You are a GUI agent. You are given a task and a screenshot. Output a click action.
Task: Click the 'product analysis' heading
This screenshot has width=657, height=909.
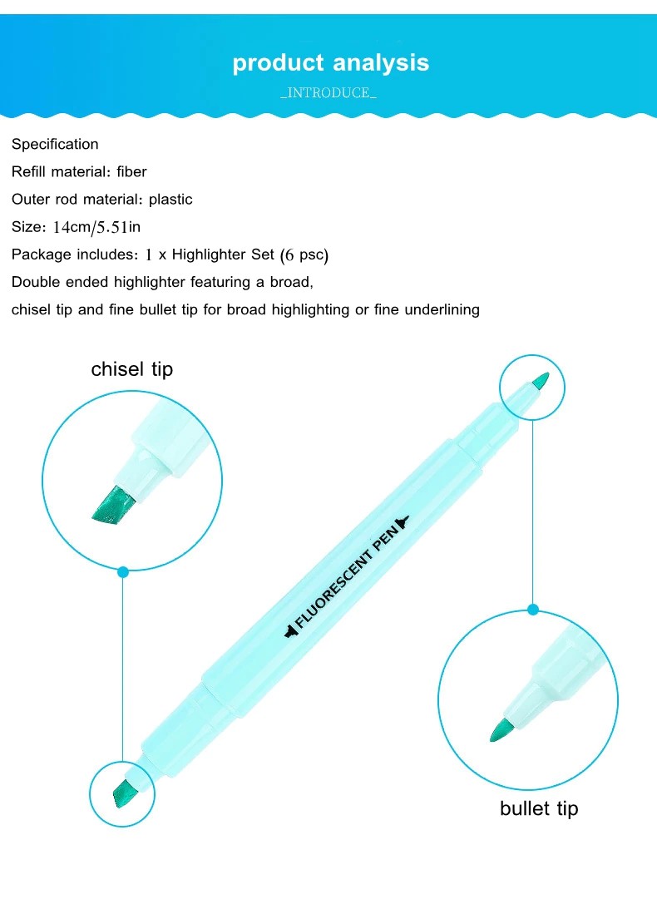click(330, 63)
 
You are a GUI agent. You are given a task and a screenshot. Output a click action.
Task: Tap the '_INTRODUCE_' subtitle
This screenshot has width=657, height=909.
click(328, 93)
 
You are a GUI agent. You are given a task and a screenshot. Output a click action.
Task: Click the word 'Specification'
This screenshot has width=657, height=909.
click(55, 145)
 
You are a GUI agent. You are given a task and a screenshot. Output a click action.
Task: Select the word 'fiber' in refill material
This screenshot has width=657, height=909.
click(131, 171)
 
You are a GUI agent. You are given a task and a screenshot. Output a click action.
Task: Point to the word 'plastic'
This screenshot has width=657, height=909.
click(170, 200)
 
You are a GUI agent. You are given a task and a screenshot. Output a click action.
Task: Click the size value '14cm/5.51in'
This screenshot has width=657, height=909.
click(96, 227)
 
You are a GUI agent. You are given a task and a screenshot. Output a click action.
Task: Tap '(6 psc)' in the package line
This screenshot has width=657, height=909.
click(304, 255)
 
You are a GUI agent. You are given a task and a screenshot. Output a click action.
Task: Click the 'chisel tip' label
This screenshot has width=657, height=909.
click(132, 369)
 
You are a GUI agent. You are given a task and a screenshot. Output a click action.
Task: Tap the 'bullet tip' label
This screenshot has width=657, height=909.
click(539, 808)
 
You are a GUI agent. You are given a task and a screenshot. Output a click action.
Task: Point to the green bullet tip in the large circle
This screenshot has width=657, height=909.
click(501, 730)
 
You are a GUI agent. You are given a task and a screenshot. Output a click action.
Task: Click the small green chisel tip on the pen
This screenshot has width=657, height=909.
click(122, 793)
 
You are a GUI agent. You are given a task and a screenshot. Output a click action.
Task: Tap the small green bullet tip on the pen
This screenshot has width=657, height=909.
click(541, 381)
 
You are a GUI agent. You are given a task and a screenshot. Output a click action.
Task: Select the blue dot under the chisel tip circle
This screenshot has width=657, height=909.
click(123, 572)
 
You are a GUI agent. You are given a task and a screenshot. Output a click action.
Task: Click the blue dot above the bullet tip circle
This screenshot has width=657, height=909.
click(533, 610)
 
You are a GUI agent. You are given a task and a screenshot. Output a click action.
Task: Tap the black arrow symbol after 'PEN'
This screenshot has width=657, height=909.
click(403, 521)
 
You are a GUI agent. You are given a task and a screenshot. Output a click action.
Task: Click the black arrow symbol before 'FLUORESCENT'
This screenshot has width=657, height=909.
click(290, 632)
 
